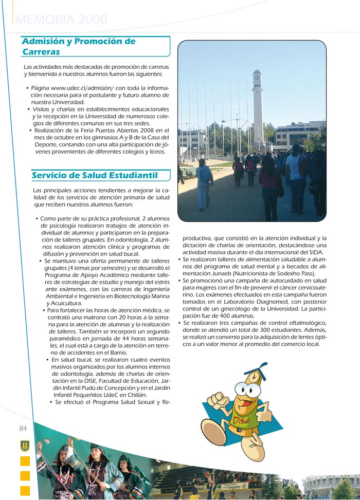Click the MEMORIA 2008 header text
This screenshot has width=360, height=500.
coord(62,20)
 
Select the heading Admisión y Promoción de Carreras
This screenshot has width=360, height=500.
coord(78,46)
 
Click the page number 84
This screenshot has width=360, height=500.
coord(23,429)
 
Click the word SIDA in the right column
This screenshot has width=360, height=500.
coord(313,252)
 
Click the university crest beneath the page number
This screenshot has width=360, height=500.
coord(25,446)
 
